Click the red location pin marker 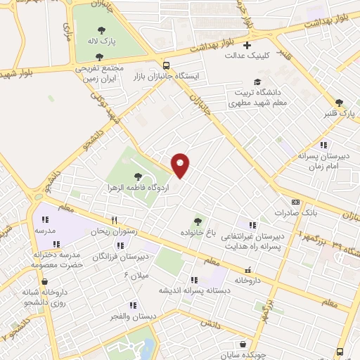(181, 165)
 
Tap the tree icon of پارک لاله (102, 30)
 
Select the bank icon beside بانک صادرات (275, 202)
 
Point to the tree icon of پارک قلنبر (339, 103)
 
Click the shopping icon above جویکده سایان (243, 345)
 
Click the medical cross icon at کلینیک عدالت (247, 46)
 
